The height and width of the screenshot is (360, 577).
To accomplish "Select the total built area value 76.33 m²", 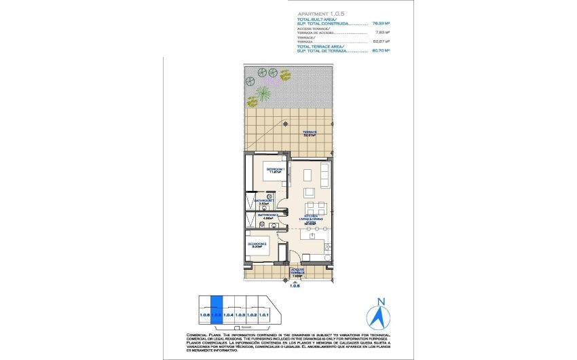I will click(x=381, y=24).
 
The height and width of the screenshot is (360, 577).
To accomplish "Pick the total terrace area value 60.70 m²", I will click(x=381, y=50).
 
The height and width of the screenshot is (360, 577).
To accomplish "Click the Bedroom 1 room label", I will click(x=275, y=170).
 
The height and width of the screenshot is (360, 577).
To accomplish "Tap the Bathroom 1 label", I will click(x=263, y=202).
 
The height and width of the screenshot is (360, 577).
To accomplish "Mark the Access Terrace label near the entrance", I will click(x=297, y=273).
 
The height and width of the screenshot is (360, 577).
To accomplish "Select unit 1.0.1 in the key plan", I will click(x=264, y=314).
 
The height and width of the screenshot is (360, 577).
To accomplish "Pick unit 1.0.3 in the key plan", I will click(x=240, y=314).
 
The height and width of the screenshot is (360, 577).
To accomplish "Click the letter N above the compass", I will click(x=380, y=302).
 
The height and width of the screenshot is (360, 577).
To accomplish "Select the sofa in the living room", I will click(x=325, y=175).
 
